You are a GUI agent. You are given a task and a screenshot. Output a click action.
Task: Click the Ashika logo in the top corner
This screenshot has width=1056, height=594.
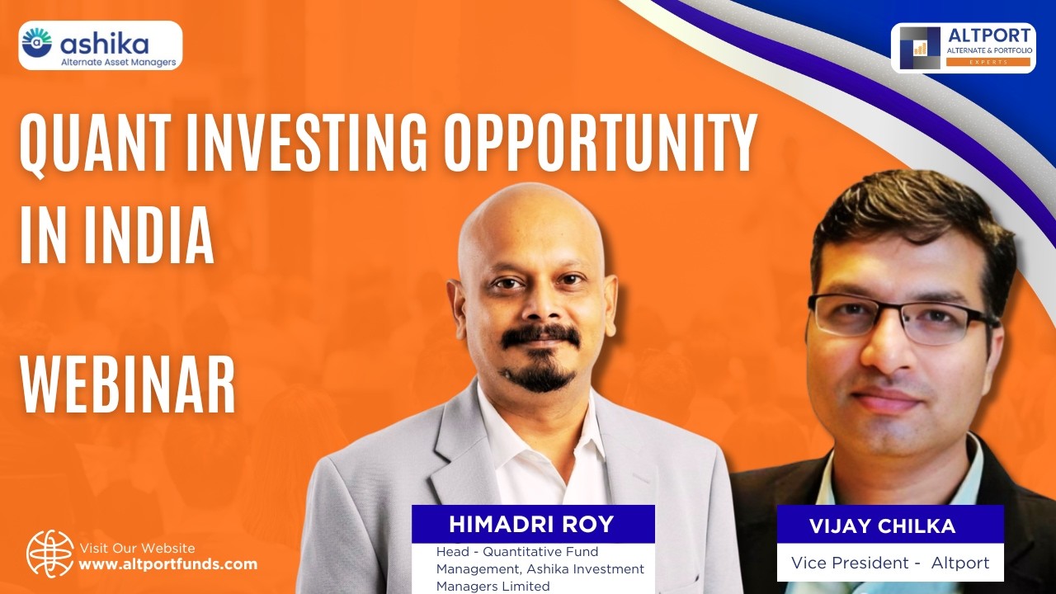[100, 45]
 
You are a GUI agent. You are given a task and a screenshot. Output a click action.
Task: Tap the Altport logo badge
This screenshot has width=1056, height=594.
[963, 48]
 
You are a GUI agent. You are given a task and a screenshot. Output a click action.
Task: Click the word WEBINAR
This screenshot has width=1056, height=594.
[128, 385]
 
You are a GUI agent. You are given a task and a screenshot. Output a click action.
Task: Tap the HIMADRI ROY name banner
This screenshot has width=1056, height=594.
[533, 524]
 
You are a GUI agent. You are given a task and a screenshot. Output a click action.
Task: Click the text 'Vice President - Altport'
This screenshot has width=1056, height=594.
[889, 563]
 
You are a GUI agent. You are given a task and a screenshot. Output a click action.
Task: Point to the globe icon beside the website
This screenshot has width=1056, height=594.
[49, 553]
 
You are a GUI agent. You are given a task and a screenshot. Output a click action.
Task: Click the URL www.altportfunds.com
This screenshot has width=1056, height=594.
[167, 565]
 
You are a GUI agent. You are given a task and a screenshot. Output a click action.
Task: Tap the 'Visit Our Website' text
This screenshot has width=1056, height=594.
[137, 548]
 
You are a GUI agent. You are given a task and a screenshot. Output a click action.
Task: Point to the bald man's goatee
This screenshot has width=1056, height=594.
[540, 375]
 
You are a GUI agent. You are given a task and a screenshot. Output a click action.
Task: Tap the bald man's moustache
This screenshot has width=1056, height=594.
[540, 335]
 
